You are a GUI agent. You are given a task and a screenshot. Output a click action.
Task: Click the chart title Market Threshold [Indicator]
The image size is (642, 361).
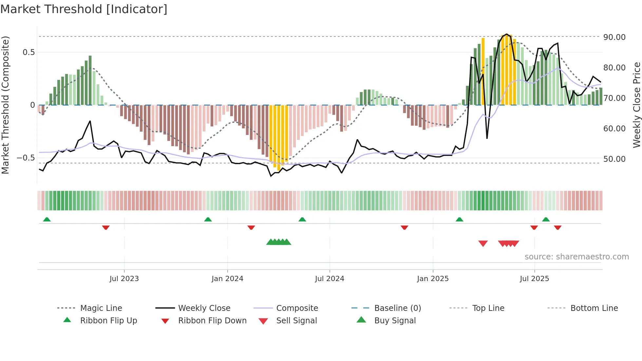pyautogui.click(x=84, y=9)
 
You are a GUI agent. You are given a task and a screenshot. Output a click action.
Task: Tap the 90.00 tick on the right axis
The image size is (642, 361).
pyautogui.click(x=614, y=37)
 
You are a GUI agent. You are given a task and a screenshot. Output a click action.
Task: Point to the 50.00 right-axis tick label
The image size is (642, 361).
pyautogui.click(x=614, y=159)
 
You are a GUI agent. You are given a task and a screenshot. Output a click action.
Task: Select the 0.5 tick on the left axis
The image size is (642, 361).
pyautogui.click(x=28, y=52)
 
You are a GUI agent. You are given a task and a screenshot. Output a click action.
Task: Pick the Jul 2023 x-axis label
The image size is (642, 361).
pyautogui.click(x=124, y=279)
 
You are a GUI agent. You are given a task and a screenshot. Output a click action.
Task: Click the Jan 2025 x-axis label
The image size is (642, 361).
pyautogui.click(x=433, y=279)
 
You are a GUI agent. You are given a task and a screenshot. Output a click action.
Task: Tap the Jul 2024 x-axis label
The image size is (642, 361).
pyautogui.click(x=330, y=279)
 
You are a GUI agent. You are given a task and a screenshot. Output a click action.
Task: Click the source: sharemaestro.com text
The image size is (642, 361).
pyautogui.click(x=576, y=257)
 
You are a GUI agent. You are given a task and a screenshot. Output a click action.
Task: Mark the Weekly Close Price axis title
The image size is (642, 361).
pyautogui.click(x=636, y=105)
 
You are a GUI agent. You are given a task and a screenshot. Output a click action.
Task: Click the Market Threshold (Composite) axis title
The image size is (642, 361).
pyautogui.click(x=5, y=105)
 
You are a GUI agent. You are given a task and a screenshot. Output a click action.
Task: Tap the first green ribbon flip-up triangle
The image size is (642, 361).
pyautogui.click(x=47, y=219)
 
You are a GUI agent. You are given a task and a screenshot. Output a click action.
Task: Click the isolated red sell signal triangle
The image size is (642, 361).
pyautogui.click(x=483, y=243)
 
